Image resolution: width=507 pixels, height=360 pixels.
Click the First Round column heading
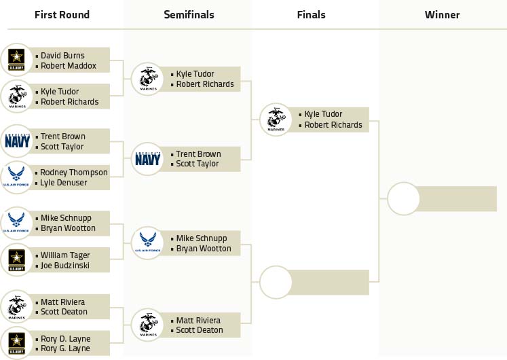[x=62, y=15]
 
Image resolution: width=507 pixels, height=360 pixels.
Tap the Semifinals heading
[x=189, y=15]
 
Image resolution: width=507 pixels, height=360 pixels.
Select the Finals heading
[x=311, y=15]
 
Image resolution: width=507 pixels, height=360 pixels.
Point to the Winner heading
[x=442, y=15]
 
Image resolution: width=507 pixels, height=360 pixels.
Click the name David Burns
[x=64, y=56]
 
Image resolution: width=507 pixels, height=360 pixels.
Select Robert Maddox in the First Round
[x=68, y=66]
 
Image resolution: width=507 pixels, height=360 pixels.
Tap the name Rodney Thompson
[x=73, y=173]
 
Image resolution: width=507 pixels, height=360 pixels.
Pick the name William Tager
[x=65, y=255]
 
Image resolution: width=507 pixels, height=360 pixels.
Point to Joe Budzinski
[x=65, y=266]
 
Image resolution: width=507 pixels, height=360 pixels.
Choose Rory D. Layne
[x=65, y=339]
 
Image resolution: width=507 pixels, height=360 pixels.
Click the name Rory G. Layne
[x=65, y=349]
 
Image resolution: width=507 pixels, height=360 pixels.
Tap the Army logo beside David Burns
[x=16, y=60]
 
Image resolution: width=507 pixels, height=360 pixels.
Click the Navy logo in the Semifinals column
[x=147, y=159]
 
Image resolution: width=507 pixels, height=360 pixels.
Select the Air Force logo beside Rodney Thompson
[x=16, y=178]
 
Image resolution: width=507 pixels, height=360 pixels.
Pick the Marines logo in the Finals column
[x=276, y=120]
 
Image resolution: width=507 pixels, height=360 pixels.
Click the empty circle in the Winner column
[x=404, y=198]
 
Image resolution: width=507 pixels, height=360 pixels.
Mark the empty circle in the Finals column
[x=276, y=282]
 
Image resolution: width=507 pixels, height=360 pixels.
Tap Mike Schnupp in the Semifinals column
[x=202, y=238]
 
